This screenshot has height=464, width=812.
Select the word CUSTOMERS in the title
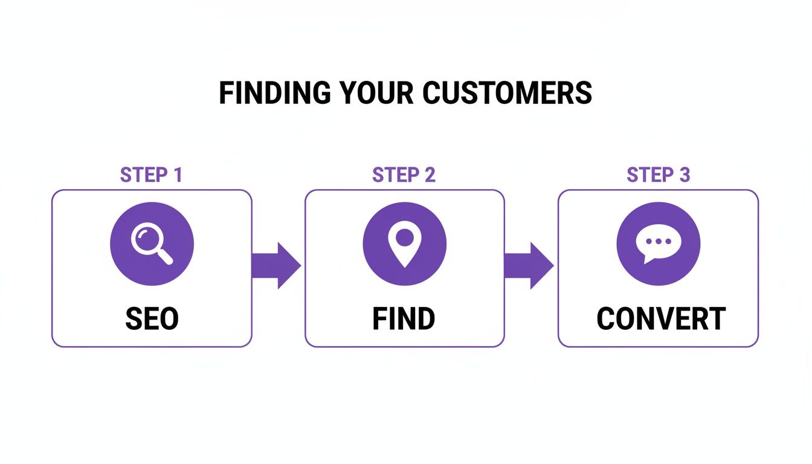point(507,93)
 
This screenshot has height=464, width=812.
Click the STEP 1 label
point(151,175)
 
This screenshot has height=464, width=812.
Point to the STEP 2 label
point(404,175)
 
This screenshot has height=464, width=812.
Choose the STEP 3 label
point(658,175)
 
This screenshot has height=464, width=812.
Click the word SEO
point(152,319)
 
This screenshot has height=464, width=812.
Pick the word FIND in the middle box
point(404,319)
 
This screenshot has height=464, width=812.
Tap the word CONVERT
point(660,319)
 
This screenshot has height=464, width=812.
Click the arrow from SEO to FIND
point(276,266)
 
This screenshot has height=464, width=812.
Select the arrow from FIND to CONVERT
point(529,266)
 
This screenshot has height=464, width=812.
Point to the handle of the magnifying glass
point(164,256)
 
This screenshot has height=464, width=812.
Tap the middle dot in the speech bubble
point(659,241)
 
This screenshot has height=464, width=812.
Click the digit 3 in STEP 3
point(684,175)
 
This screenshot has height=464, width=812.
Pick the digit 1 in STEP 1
point(177,175)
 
